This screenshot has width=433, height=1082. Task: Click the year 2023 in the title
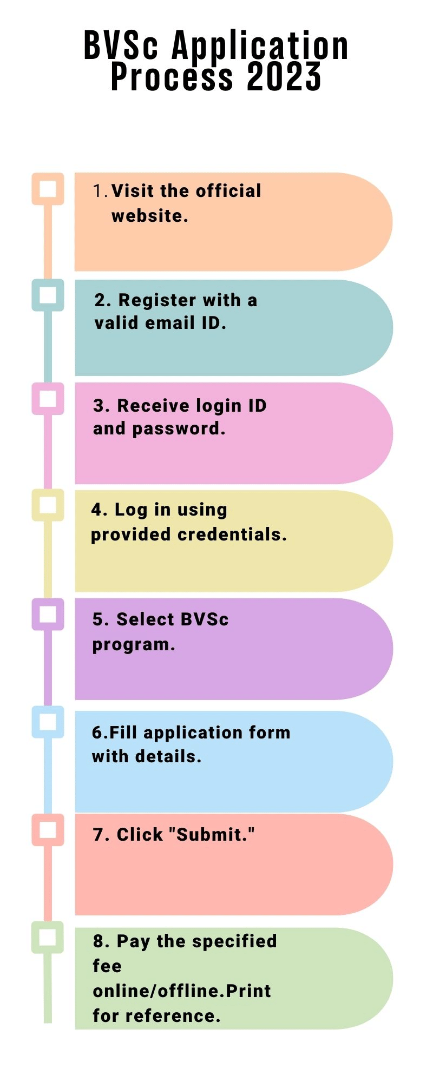pyautogui.click(x=284, y=77)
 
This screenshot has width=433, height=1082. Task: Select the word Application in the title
pyautogui.click(x=260, y=46)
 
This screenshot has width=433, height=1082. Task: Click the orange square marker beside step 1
pyautogui.click(x=48, y=189)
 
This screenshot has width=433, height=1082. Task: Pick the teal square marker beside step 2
pyautogui.click(x=48, y=295)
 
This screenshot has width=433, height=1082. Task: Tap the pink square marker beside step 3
pyautogui.click(x=48, y=399)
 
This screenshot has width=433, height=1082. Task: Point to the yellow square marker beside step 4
pyautogui.click(x=48, y=505)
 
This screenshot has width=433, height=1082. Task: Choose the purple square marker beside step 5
pyautogui.click(x=48, y=614)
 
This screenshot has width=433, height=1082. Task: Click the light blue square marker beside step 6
pyautogui.click(x=48, y=722)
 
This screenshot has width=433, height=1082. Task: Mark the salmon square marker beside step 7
pyautogui.click(x=48, y=830)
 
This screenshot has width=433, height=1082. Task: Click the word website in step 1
pyautogui.click(x=149, y=216)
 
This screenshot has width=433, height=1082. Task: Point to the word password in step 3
pyautogui.click(x=178, y=429)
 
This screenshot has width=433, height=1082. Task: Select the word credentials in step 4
pyautogui.click(x=232, y=535)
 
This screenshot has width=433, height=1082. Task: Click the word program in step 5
pyautogui.click(x=133, y=645)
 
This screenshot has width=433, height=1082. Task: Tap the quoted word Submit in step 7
pyautogui.click(x=212, y=835)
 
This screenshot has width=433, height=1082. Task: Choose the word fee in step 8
pyautogui.click(x=107, y=966)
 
